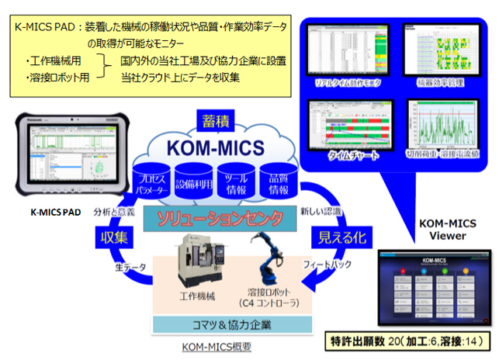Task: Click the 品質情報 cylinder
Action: (x=274, y=183)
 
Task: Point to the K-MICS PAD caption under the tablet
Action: (x=50, y=210)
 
